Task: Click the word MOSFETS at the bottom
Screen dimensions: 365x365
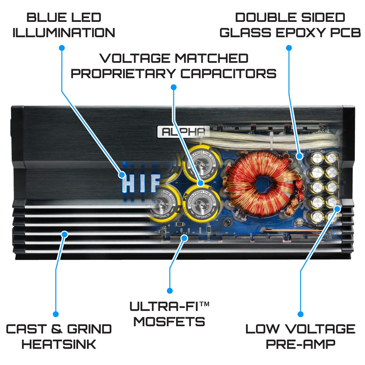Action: point(169,321)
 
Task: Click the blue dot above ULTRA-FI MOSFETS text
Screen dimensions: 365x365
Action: point(170,290)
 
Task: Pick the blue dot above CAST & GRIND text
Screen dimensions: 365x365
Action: point(56,314)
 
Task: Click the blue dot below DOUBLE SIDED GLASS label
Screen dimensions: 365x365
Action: point(288,47)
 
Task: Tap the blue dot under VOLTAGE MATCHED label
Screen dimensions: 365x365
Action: point(173,87)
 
